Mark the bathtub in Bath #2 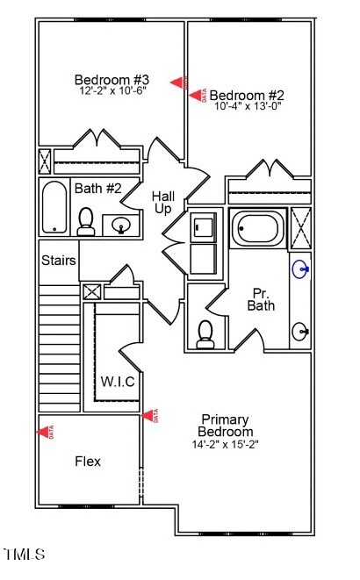click(x=54, y=207)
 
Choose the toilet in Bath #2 click(x=86, y=222)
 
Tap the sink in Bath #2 click(x=120, y=226)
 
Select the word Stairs click(x=59, y=261)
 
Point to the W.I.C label click(x=117, y=382)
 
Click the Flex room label click(x=88, y=462)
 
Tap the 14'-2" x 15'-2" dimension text click(x=226, y=444)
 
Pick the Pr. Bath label click(x=261, y=299)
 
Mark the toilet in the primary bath click(x=205, y=333)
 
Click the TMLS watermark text click(x=24, y=554)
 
